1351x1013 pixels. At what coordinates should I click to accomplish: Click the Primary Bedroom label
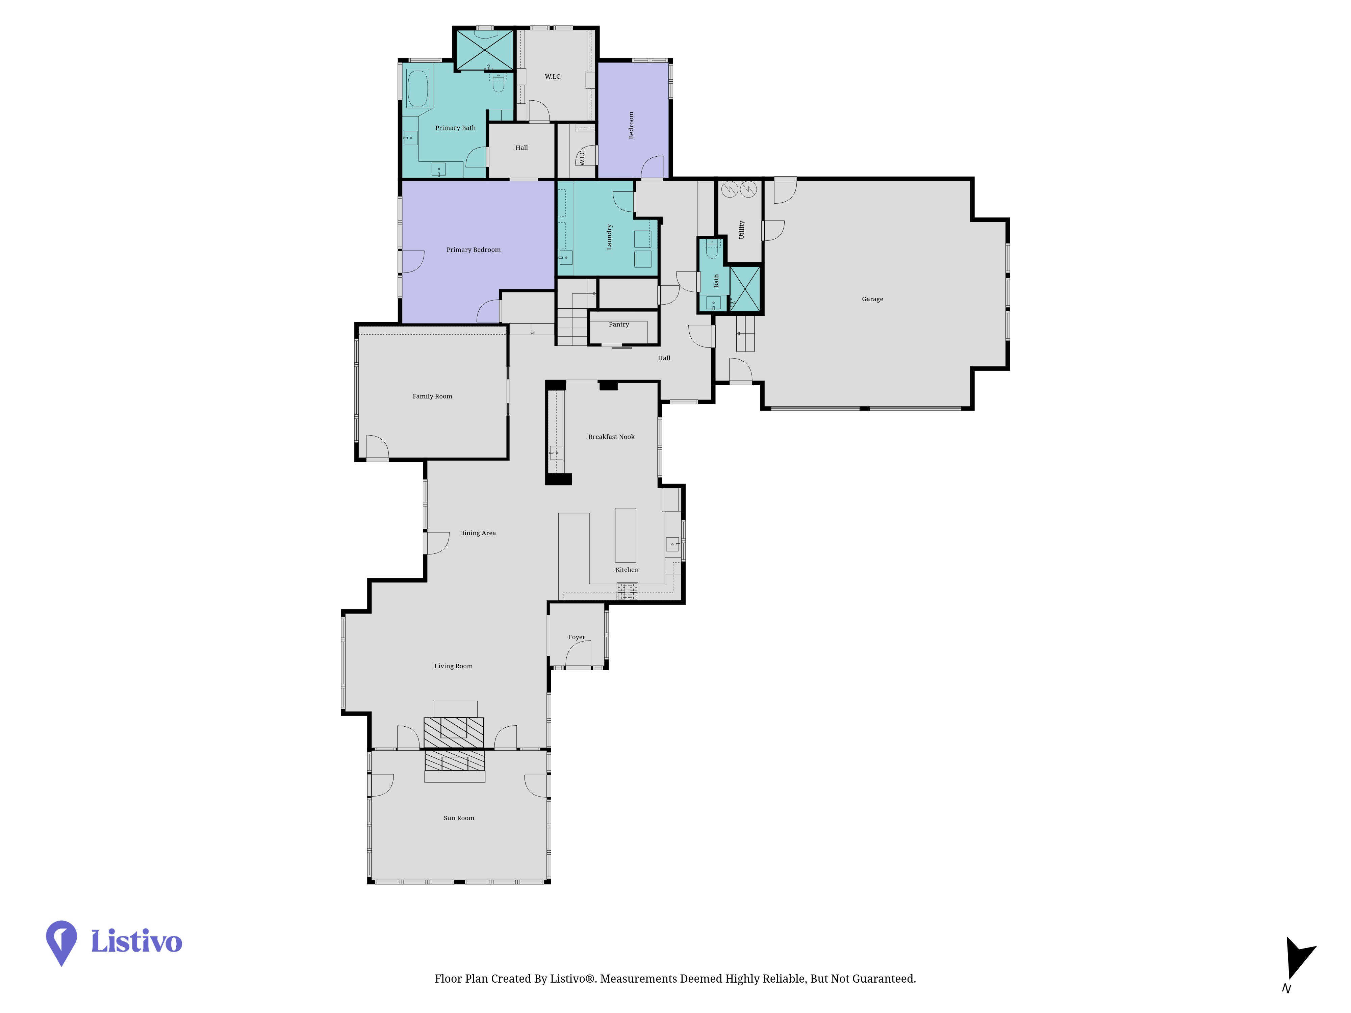[x=473, y=250]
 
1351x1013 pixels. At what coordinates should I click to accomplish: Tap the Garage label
[x=872, y=299]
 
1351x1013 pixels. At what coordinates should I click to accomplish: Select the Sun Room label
[x=459, y=818]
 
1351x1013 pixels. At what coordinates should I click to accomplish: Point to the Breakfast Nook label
[x=611, y=437]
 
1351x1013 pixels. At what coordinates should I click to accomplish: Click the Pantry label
[x=619, y=324]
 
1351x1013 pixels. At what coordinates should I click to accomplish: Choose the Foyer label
[x=577, y=637]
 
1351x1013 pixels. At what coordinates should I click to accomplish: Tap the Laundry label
[x=609, y=237]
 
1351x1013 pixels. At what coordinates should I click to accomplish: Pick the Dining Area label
[x=478, y=533]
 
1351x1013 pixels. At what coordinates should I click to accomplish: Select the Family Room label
[x=432, y=396]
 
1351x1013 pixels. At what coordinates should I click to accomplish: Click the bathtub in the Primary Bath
[x=418, y=89]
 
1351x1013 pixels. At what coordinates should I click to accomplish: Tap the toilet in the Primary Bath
[x=499, y=82]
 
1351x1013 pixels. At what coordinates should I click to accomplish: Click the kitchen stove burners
[x=627, y=591]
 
